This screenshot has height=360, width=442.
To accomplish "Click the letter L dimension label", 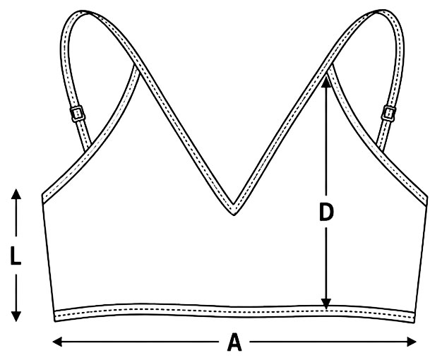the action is pyautogui.click(x=16, y=256).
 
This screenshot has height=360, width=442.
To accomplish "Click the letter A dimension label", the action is pyautogui.click(x=234, y=342).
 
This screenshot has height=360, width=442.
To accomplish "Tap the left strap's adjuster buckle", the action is pyautogui.click(x=77, y=114).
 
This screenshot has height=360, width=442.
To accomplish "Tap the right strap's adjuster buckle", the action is pyautogui.click(x=388, y=114).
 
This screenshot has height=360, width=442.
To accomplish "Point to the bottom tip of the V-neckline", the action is pyautogui.click(x=234, y=215).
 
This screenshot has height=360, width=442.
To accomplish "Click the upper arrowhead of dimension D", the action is pyautogui.click(x=326, y=82).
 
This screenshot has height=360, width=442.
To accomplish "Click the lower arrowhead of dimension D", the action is pyautogui.click(x=326, y=304).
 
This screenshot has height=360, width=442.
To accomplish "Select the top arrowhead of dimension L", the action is pyautogui.click(x=16, y=194).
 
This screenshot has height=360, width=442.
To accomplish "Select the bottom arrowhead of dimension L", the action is pyautogui.click(x=16, y=316).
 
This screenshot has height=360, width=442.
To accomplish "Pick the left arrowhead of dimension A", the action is pyautogui.click(x=57, y=342).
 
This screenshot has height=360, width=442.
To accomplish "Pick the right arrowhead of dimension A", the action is pyautogui.click(x=412, y=342).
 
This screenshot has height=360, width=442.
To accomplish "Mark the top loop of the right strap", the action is pyautogui.click(x=385, y=12).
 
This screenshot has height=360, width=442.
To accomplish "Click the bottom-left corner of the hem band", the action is pyautogui.click(x=54, y=322).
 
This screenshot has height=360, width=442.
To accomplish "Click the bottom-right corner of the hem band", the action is pyautogui.click(x=414, y=323).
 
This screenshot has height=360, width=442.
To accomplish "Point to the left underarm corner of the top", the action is pyautogui.click(x=42, y=194).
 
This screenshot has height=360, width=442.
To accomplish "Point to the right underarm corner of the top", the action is pyautogui.click(x=428, y=196).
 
